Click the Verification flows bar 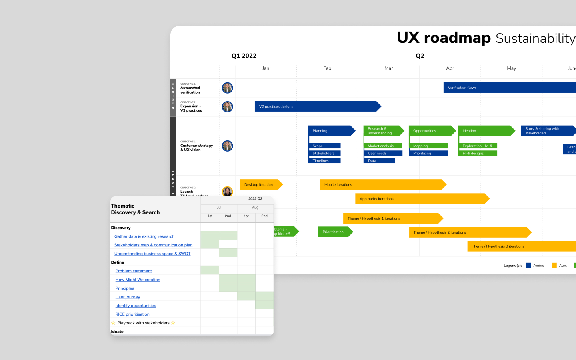point(508,88)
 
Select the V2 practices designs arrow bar point(316,106)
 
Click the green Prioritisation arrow point(334,232)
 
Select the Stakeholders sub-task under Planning point(324,154)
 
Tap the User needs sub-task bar point(382,154)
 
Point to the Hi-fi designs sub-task point(477,154)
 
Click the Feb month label point(327,68)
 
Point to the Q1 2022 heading point(244,56)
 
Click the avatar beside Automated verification point(227,88)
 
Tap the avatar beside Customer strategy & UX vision point(227,146)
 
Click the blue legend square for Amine point(528,266)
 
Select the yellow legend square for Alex point(554,266)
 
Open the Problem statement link point(134,271)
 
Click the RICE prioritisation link point(132,314)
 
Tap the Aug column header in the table point(255,208)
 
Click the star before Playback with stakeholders point(113,323)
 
